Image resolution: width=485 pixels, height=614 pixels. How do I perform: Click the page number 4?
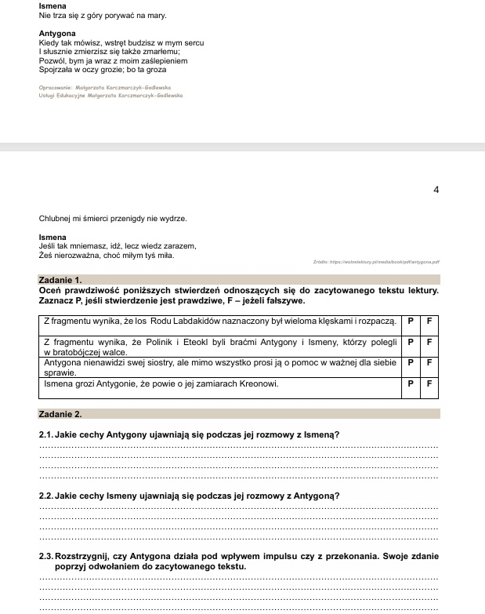[x=436, y=189]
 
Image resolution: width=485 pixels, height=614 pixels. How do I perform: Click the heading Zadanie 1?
[x=60, y=279]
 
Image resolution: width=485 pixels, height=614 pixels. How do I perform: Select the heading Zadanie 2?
[x=60, y=413]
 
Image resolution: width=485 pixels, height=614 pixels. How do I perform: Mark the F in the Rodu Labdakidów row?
[x=429, y=322]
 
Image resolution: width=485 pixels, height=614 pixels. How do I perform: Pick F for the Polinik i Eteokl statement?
[x=429, y=343]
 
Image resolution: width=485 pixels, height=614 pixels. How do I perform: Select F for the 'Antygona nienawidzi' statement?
[x=429, y=363]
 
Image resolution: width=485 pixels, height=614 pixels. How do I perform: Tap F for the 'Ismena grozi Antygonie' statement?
[x=429, y=384]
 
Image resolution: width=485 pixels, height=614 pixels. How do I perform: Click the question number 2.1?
[x=46, y=434]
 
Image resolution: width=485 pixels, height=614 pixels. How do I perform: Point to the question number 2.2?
[x=46, y=496]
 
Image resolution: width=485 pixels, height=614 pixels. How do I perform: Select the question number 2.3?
[x=46, y=557]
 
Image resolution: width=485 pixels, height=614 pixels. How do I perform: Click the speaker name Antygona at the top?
[x=57, y=34]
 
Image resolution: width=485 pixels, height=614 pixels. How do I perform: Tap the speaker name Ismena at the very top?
[x=52, y=5]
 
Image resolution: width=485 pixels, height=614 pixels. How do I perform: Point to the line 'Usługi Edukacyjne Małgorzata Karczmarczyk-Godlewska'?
[x=110, y=95]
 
